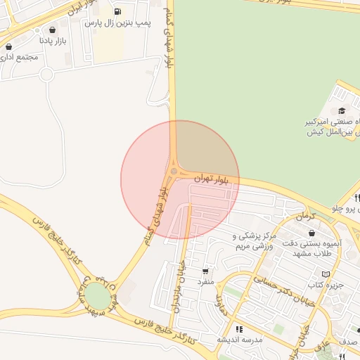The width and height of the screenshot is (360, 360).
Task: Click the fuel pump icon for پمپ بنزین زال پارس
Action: click(116, 11)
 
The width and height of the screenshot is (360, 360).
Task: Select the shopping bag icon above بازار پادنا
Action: click(53, 30)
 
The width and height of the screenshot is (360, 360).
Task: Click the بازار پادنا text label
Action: click(53, 41)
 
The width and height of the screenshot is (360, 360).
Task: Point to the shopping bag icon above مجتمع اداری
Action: click(8, 46)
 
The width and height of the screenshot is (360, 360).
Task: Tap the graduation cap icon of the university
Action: click(342, 110)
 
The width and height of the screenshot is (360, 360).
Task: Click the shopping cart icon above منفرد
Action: click(205, 271)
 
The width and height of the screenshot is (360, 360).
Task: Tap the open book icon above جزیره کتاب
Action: click(325, 274)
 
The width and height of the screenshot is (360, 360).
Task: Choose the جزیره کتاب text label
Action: click(325, 285)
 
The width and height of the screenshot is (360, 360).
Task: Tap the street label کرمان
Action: click(304, 217)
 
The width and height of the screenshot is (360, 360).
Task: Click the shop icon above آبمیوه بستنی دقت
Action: click(311, 233)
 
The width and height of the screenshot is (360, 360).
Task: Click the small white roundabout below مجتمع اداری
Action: click(46, 74)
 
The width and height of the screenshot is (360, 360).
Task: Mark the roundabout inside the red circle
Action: click(174, 171)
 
